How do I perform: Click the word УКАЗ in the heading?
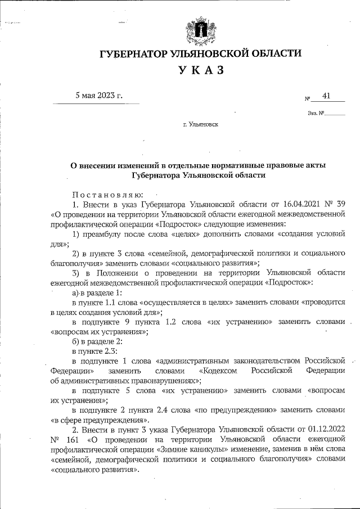tap(201, 70)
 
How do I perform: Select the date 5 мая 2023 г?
tap(99, 95)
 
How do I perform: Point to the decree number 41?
tap(326, 97)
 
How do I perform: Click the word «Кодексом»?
tap(218, 372)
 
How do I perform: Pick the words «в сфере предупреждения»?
tap(100, 420)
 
